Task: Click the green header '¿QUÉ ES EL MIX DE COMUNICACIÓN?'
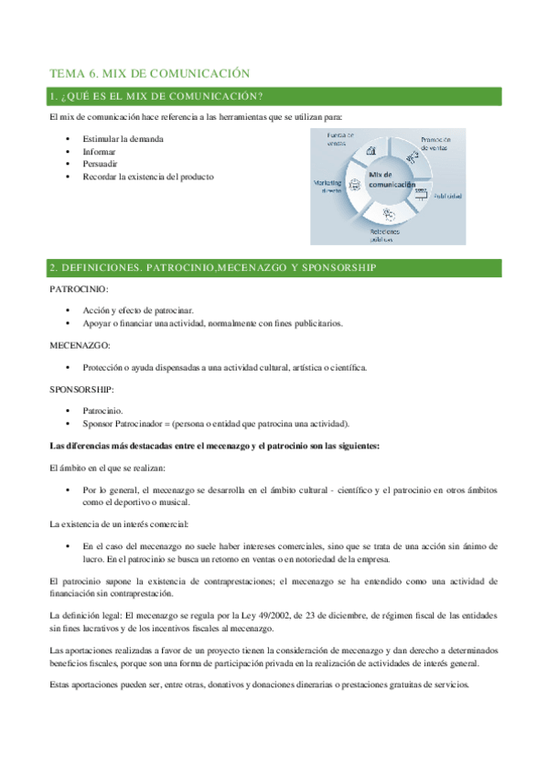click(157, 97)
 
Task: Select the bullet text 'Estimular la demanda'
click(124, 139)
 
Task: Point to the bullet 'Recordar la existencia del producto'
click(147, 177)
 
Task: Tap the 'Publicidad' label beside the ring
click(447, 196)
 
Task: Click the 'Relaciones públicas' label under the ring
click(384, 236)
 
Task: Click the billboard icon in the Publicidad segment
click(421, 191)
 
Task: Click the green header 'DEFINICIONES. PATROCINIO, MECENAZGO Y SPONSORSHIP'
click(211, 267)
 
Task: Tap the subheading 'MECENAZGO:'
click(80, 346)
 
